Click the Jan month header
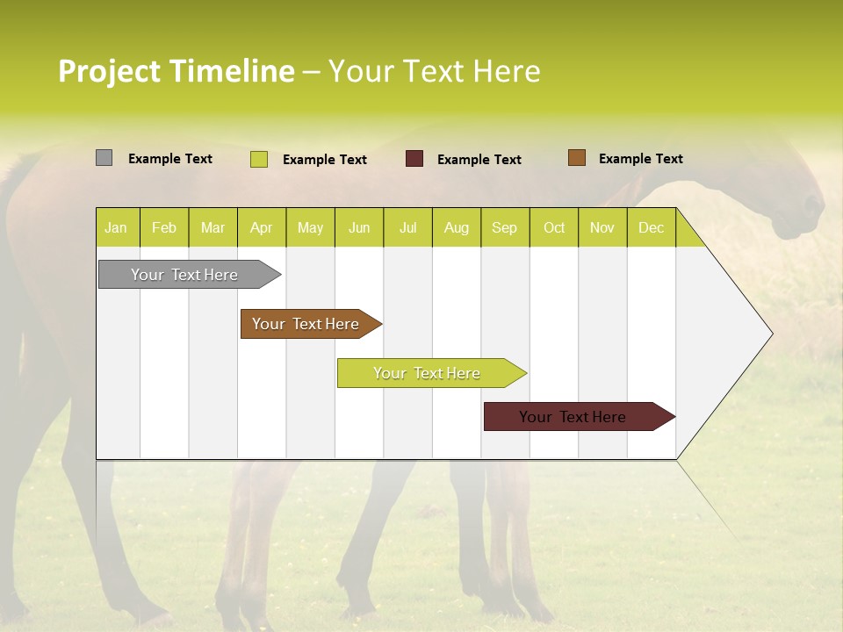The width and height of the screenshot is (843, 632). [116, 227]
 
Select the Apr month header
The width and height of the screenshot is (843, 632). [262, 227]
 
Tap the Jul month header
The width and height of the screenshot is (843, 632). [408, 227]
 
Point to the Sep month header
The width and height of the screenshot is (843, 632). [504, 227]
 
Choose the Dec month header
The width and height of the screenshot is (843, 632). [651, 227]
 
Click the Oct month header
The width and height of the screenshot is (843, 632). [554, 227]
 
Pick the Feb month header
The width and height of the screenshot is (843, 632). [164, 227]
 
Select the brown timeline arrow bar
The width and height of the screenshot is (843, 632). [307, 324]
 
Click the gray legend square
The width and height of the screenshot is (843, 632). [104, 158]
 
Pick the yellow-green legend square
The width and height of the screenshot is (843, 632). [259, 159]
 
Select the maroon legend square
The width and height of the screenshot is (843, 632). [414, 159]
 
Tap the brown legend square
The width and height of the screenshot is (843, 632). [576, 158]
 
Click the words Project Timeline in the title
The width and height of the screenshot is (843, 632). [176, 70]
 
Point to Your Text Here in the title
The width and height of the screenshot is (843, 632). [434, 70]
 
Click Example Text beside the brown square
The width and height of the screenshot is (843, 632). [640, 158]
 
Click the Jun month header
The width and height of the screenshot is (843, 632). [359, 227]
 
